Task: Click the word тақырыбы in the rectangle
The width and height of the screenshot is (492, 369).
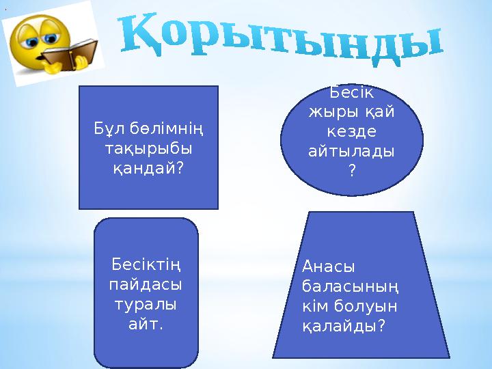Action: click(148, 148)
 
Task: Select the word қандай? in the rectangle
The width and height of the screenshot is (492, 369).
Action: click(148, 167)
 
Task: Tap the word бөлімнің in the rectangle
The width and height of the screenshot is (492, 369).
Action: click(168, 128)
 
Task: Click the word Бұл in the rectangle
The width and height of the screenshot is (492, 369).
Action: click(107, 128)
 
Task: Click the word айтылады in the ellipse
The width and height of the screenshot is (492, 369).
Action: click(352, 150)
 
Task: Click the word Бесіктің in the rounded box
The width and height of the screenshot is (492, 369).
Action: click(146, 264)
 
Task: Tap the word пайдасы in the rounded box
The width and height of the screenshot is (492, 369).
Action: click(146, 283)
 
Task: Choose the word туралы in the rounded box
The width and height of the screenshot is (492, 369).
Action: click(146, 303)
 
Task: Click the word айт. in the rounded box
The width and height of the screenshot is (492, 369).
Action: click(146, 323)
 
